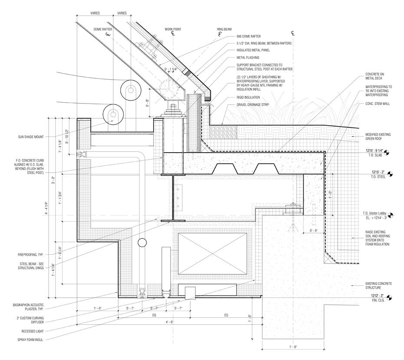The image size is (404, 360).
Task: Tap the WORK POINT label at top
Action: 172,29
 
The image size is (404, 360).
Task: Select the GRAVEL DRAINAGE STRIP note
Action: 254,105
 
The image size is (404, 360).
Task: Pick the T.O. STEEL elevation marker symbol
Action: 390,175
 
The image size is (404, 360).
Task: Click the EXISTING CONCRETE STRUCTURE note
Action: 378,286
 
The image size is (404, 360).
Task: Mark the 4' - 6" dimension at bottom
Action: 169,322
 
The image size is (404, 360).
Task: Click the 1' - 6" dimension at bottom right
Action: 293,347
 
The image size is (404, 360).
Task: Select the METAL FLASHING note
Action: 248,57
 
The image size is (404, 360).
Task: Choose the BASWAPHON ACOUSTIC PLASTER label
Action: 30,306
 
